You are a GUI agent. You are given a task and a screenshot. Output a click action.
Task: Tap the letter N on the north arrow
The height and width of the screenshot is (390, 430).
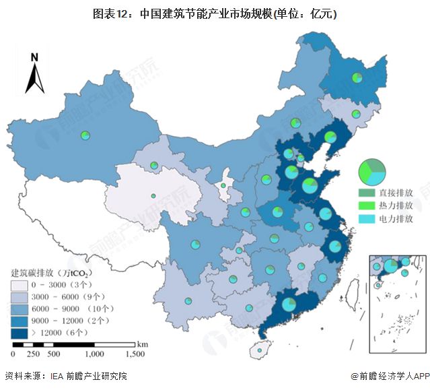click(34, 57)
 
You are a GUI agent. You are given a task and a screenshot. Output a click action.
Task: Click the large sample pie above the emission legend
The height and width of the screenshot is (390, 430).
click(372, 173)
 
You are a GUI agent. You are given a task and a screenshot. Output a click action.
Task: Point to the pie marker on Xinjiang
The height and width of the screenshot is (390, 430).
click(85, 135)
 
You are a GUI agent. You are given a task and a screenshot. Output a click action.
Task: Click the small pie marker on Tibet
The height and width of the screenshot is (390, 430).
click(154, 196)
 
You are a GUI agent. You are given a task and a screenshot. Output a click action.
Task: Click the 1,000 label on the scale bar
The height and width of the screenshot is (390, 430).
click(94, 354)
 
